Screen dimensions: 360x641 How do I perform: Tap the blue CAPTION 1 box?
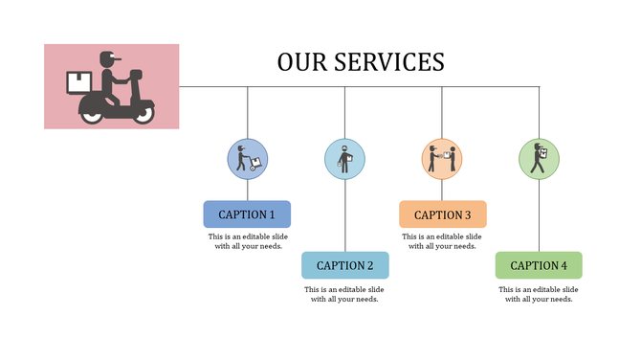coord(247,214)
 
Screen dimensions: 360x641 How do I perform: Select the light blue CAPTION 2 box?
coord(344,265)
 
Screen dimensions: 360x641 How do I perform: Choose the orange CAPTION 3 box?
coord(442,214)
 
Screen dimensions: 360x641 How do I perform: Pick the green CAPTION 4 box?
coord(539,265)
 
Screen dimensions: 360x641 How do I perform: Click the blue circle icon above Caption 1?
coord(247,159)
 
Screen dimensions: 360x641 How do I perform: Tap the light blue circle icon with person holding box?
coord(344,159)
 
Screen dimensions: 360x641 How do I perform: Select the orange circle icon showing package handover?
coord(442,159)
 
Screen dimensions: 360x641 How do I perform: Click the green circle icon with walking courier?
coord(539,159)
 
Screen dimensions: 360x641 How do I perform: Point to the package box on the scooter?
coord(77,82)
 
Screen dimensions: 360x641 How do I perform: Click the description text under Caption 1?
coord(247,240)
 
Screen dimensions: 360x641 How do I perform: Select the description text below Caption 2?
coord(344,293)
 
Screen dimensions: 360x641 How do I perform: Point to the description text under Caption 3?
coord(442,240)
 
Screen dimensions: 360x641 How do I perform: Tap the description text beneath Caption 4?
coord(539,293)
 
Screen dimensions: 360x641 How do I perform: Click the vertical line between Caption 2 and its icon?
coord(344,215)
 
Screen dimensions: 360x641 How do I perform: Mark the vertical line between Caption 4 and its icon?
coord(539,215)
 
